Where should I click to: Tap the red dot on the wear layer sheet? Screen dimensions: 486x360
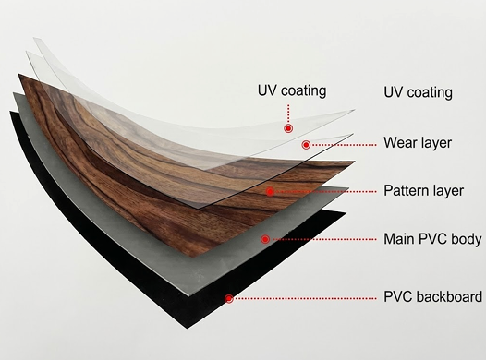(x=306, y=145)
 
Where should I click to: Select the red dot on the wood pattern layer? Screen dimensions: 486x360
(x=270, y=192)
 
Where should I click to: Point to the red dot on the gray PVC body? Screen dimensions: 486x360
(x=265, y=239)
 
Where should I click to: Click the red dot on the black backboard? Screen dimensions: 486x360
(x=229, y=297)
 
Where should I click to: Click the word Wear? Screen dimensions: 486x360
(x=401, y=143)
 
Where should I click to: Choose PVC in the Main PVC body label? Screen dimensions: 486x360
(x=433, y=239)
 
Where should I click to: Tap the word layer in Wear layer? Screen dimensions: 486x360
(x=438, y=143)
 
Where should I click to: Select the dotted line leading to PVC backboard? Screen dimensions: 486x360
(x=305, y=297)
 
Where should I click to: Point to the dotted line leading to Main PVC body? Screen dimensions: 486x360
(x=323, y=239)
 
